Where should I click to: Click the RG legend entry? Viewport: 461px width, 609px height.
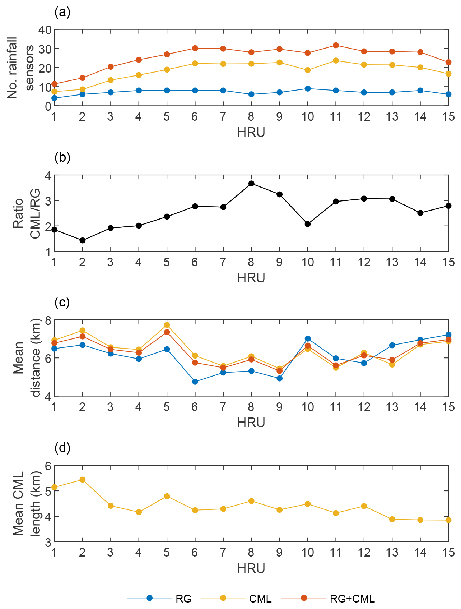[x=183, y=599]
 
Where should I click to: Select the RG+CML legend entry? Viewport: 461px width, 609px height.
[x=352, y=599]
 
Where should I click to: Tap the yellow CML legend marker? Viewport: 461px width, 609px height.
[x=223, y=598]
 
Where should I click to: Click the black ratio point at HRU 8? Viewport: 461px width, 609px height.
[x=251, y=184]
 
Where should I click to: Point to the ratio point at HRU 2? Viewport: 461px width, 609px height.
[x=82, y=240]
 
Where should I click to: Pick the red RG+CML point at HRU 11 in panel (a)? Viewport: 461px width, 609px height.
[x=336, y=45]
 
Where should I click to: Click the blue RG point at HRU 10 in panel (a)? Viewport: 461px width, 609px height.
[x=308, y=88]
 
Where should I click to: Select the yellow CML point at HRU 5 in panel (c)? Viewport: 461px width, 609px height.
[x=167, y=325]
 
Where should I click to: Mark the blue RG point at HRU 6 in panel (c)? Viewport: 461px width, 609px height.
[x=195, y=382]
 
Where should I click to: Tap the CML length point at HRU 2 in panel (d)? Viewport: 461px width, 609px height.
[x=82, y=480]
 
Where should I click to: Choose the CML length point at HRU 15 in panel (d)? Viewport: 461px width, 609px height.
[x=448, y=520]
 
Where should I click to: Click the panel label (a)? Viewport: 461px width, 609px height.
[x=62, y=12]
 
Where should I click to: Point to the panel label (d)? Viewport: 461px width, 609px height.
[x=62, y=448]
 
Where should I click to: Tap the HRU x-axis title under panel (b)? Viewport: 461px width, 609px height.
[x=251, y=278]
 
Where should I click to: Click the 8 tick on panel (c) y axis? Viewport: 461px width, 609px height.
[x=47, y=319]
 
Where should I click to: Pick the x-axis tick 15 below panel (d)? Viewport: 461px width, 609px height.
[x=448, y=552]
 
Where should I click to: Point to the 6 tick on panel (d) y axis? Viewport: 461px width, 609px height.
[x=47, y=465]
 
